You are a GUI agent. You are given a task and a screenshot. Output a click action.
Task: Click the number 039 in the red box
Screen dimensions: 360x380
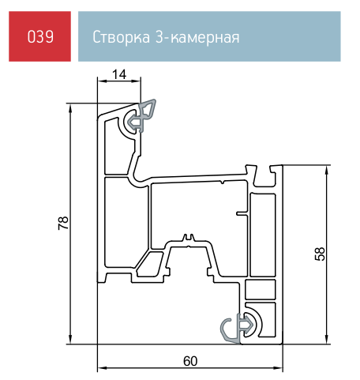click(x=40, y=36)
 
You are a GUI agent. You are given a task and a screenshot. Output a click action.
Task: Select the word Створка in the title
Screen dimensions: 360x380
click(x=122, y=37)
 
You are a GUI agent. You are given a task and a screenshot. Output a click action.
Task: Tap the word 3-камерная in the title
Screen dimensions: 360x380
click(x=197, y=37)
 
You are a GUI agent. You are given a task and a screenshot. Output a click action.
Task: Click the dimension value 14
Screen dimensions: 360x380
click(x=119, y=74)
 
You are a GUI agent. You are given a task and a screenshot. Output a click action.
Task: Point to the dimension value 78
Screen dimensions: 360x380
click(x=63, y=224)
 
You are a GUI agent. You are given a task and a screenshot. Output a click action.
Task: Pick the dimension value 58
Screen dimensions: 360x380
click(x=320, y=254)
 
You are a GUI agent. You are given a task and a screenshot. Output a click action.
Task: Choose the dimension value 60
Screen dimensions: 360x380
click(x=190, y=361)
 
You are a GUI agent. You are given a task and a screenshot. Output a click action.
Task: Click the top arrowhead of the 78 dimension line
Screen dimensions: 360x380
click(x=70, y=107)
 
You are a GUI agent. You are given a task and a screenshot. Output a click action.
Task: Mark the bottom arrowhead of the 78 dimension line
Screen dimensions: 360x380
click(x=70, y=340)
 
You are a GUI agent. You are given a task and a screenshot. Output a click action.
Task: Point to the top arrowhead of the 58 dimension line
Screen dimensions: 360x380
click(x=327, y=170)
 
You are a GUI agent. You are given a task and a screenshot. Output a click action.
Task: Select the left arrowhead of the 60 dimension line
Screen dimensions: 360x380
click(x=102, y=368)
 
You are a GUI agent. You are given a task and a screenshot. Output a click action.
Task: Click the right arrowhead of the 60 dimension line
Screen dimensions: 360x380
click(x=278, y=368)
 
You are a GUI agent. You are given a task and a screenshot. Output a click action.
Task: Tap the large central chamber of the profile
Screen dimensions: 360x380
click(x=200, y=211)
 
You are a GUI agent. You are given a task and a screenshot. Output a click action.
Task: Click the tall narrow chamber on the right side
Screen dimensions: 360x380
click(x=262, y=235)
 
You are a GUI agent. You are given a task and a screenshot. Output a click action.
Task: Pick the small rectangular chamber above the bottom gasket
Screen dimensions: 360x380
click(x=261, y=289)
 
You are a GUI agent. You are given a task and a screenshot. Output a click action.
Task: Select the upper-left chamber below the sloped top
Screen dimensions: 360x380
click(x=114, y=146)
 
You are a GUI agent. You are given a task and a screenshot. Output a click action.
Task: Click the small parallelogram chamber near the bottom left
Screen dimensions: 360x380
click(x=149, y=264)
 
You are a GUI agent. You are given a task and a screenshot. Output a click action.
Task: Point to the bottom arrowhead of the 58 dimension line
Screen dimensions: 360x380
click(x=327, y=340)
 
